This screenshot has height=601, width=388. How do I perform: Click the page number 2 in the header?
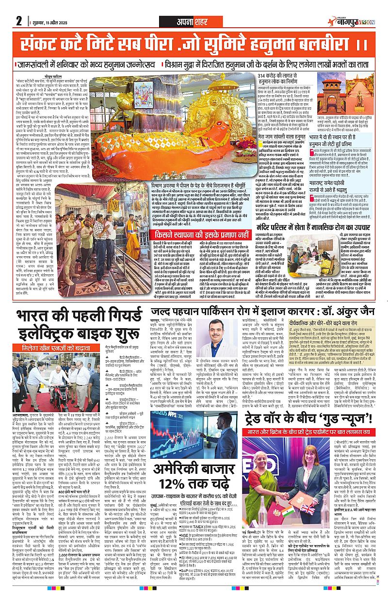click(x=19, y=20)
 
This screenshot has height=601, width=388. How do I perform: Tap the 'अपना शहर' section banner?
click(x=194, y=21)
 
